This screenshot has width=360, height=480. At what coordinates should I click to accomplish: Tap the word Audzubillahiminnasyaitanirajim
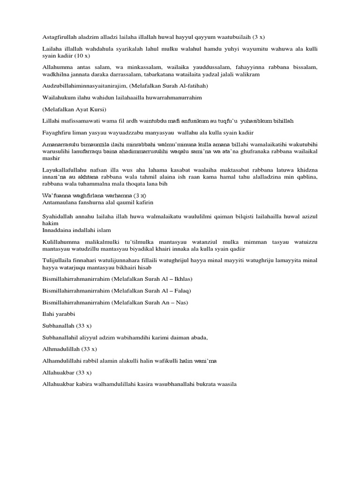85,86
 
